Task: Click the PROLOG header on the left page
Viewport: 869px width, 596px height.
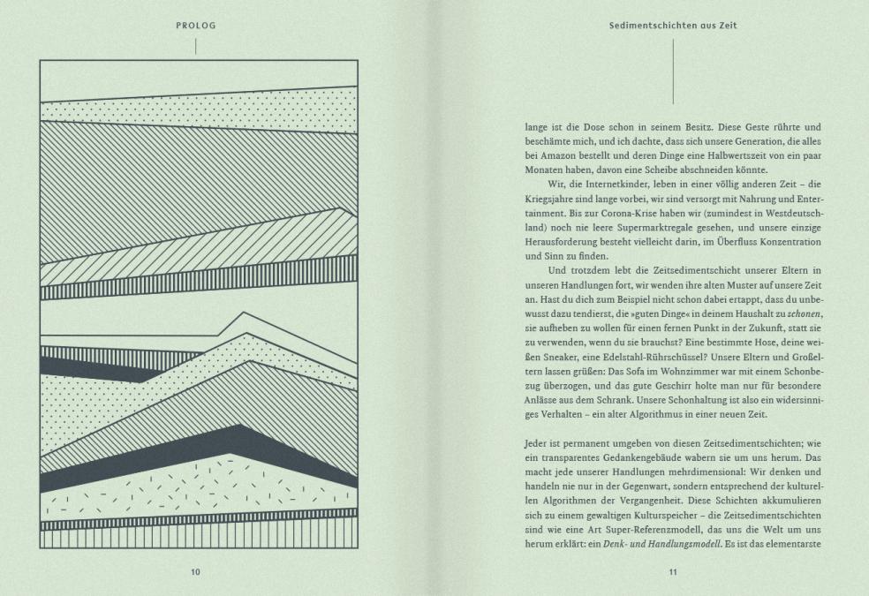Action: coord(195,26)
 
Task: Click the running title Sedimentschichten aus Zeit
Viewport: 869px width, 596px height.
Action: coord(673,26)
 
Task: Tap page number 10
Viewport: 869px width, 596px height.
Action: coord(195,572)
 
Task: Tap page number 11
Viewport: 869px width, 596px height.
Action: coord(673,572)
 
